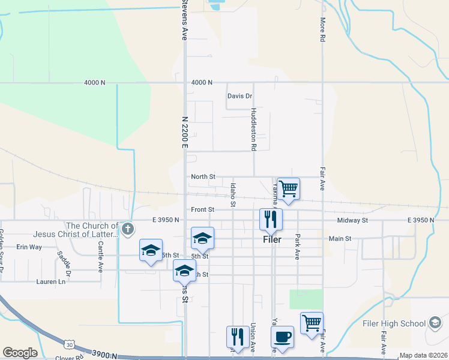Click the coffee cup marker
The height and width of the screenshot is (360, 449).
tap(282, 337)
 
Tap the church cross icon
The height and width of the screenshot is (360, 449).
tap(127, 228)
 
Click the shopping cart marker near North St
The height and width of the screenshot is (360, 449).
tap(288, 189)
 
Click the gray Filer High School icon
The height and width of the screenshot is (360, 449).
tap(435, 323)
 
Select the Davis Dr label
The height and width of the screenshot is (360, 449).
tap(240, 96)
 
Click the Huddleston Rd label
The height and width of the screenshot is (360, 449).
tap(254, 130)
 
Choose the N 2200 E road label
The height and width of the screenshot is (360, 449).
tap(184, 132)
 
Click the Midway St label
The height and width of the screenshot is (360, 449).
tap(352, 221)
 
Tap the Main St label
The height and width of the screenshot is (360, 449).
tap(340, 238)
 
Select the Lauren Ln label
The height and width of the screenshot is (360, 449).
tap(50, 281)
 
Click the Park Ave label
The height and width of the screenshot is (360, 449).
tap(297, 247)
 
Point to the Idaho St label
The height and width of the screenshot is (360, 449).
tap(233, 196)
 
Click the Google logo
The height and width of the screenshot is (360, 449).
tap(20, 353)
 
